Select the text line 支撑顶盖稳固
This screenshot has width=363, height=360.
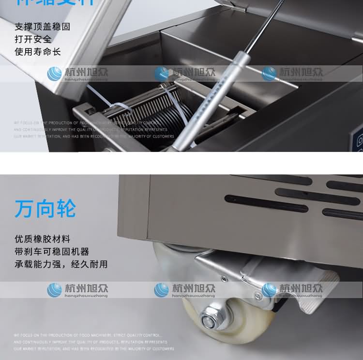tap(42, 27)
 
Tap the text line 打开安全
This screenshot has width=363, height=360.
tap(33, 39)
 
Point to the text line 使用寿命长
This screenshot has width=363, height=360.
tap(37, 51)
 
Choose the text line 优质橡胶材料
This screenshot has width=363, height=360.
tap(42, 239)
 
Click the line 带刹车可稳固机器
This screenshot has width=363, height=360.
tap(52, 252)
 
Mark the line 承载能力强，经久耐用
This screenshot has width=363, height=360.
tap(61, 264)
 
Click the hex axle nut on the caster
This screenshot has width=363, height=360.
tap(210, 320)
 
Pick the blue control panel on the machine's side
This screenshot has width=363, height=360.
tap(359, 140)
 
